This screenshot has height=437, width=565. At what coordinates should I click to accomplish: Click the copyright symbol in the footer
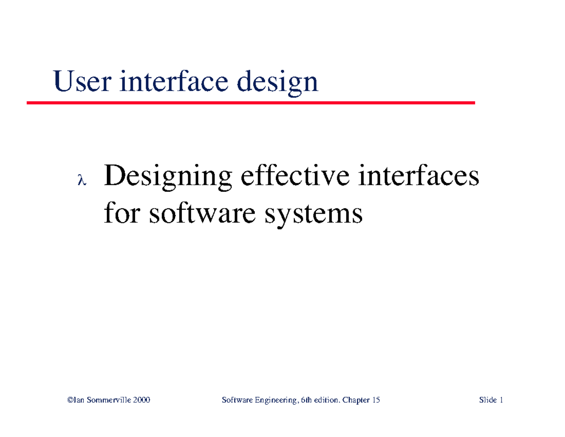click(70, 400)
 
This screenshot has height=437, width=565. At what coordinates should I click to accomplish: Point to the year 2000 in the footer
click(142, 400)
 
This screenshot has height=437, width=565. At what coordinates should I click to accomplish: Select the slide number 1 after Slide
click(502, 400)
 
